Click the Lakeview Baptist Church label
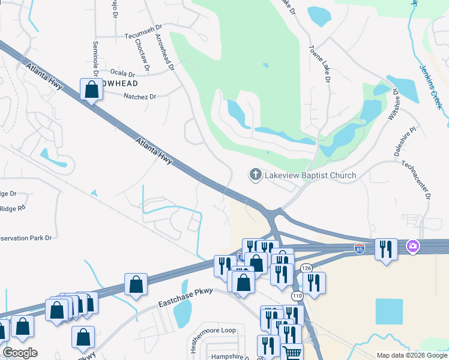pos(310,175)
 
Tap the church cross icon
pos(255,175)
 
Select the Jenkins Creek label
pos(430,87)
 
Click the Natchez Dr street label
pos(139,96)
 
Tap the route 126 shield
pos(307,268)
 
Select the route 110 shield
pos(297,296)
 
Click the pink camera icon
pos(412,246)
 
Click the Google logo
pos(20,353)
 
